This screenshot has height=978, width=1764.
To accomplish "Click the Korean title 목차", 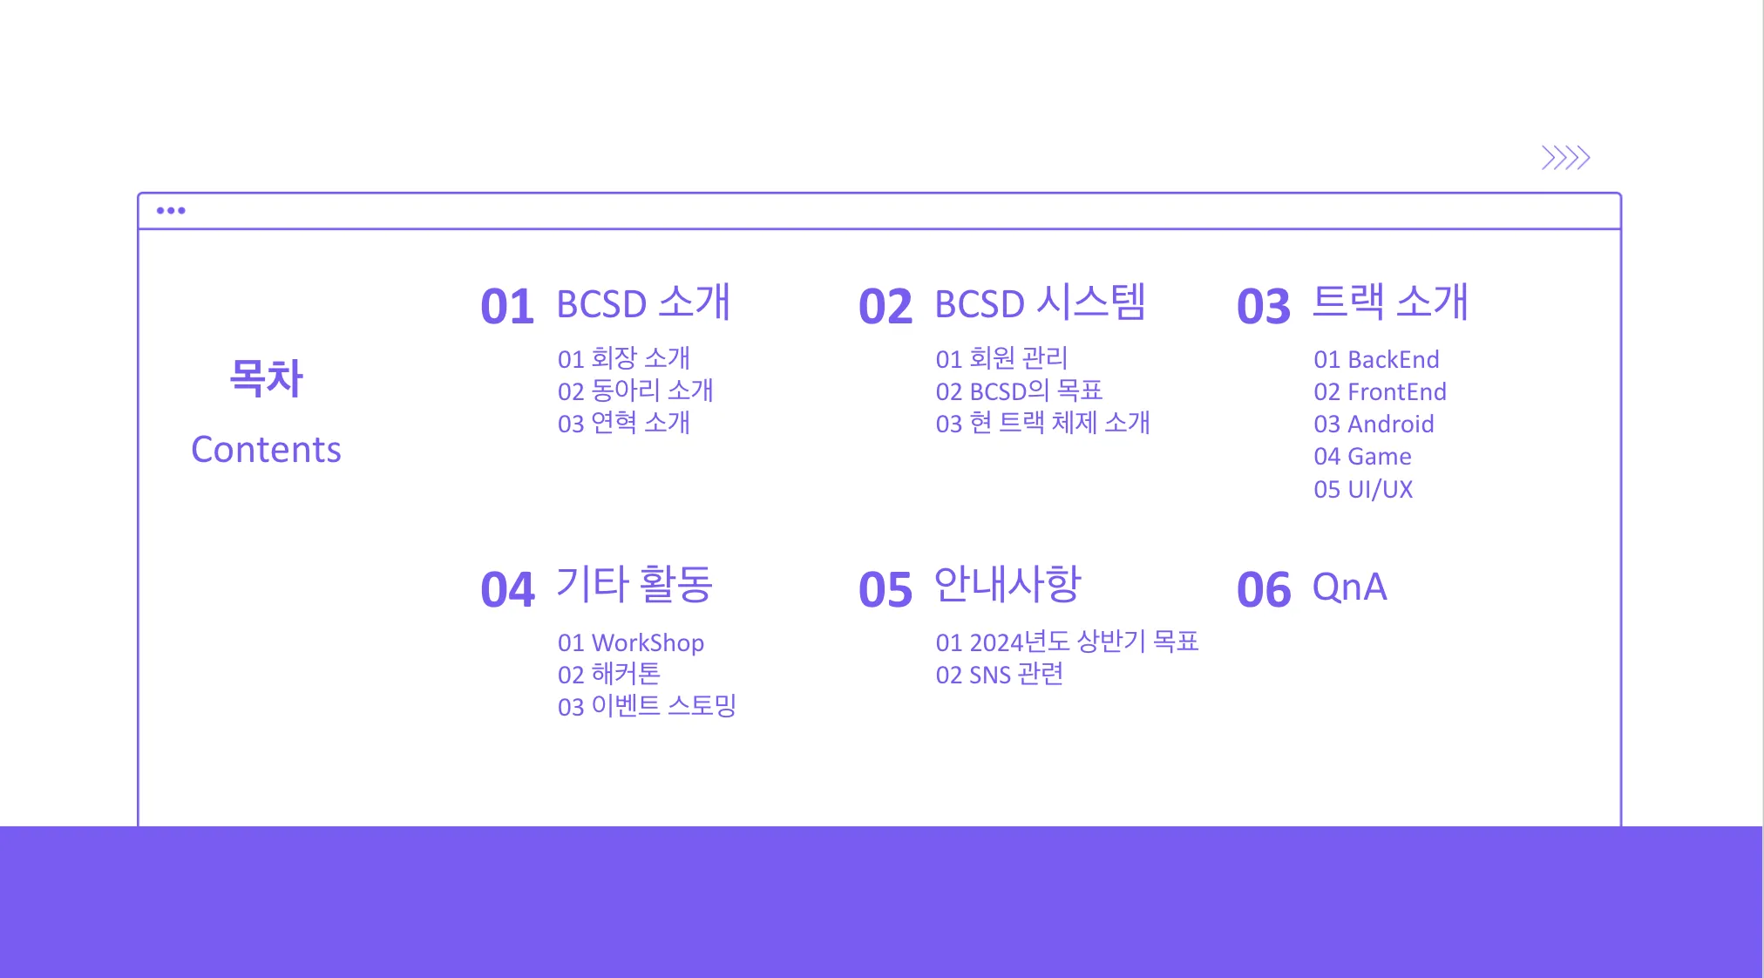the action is point(266,378).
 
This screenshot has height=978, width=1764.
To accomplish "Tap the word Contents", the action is point(266,450).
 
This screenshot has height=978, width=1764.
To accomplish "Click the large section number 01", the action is point(506,307).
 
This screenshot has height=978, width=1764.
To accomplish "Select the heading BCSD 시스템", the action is point(1040,302).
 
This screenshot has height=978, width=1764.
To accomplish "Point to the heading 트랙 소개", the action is point(1390,302).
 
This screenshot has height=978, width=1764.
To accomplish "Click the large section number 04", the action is point(506,590).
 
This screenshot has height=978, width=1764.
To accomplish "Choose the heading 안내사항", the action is point(1008,584).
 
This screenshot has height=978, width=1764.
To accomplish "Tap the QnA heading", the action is point(1349,587).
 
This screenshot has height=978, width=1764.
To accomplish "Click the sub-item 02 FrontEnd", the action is point(1380,392).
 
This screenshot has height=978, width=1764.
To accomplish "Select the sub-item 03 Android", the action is point(1374,424).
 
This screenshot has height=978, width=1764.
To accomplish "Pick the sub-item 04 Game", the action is point(1362,457).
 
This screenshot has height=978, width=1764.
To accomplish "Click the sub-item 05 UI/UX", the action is point(1363,489).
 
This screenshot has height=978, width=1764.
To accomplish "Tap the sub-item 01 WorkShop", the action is point(631,643).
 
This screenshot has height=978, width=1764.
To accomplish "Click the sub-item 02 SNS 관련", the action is point(1000,675).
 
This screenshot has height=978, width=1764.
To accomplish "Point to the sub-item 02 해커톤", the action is point(609,675).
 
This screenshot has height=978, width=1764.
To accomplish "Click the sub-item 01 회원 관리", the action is point(1001,358).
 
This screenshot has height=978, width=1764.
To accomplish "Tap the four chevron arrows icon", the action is point(1566,158).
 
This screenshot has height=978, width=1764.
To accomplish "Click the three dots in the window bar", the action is point(171,210).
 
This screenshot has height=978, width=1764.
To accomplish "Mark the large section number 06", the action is point(1263,590).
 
